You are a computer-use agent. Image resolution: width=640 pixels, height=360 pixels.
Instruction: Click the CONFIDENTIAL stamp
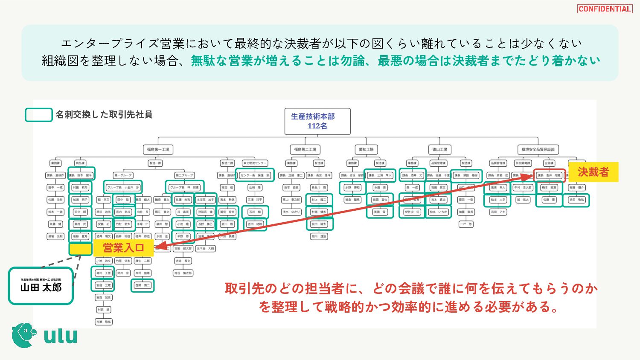605,9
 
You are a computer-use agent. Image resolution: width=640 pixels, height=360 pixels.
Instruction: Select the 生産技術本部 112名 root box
317,122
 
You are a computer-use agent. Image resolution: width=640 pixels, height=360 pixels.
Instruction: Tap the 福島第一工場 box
158,150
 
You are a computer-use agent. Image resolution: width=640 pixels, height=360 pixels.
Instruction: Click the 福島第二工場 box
305,150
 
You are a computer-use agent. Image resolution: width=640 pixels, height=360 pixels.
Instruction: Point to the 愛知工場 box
366,150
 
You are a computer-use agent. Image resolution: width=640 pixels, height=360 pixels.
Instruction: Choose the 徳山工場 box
439,150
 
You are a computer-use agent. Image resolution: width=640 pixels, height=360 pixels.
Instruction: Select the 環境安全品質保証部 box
538,150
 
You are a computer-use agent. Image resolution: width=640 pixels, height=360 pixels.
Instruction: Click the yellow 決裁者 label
593,172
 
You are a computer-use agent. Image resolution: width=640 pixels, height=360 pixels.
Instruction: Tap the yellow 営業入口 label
123,248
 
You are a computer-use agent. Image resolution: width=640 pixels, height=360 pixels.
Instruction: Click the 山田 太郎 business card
41,286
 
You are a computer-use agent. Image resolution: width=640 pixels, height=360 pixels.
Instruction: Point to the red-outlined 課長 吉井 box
549,175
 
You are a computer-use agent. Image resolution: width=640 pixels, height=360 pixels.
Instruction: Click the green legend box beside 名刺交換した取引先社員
38,115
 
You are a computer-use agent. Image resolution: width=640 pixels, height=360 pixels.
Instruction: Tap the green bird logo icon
23,335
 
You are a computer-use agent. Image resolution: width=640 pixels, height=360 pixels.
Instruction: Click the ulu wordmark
61,336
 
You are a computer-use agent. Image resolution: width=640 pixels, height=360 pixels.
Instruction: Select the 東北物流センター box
255,163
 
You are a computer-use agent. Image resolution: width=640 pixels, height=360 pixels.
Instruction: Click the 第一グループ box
123,175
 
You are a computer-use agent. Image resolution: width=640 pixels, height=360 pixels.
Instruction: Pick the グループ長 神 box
184,187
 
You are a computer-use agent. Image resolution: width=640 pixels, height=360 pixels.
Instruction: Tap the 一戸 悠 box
466,224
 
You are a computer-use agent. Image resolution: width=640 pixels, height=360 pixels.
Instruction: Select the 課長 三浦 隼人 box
380,175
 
